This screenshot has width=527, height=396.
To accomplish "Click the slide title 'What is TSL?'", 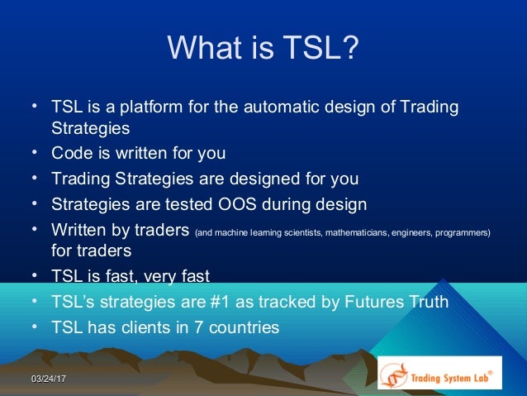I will coord(263,49).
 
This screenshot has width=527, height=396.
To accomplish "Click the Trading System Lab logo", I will coord(439,372).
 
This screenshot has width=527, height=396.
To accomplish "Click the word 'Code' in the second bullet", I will coord(70,153).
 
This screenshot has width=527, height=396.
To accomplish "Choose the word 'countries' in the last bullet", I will coord(241,327).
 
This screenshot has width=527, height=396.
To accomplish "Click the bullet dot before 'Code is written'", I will coord(34,152).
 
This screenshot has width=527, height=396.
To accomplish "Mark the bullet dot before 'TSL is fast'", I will coord(34,275).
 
